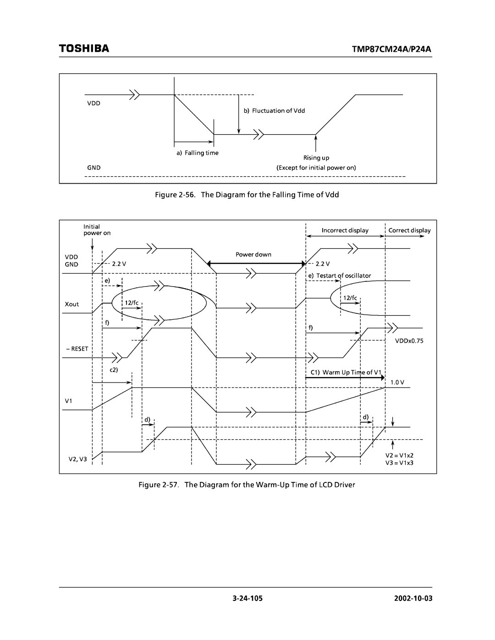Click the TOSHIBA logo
(x=84, y=49)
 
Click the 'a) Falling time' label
(x=198, y=153)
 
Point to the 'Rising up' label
(x=316, y=158)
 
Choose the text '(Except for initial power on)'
(x=316, y=168)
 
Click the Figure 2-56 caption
(x=247, y=195)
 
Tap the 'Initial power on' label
(x=97, y=230)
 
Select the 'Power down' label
(x=253, y=254)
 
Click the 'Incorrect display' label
(x=345, y=230)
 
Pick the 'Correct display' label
(x=409, y=230)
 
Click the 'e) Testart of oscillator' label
(x=340, y=275)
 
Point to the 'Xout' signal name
(x=72, y=304)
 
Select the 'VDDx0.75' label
(x=410, y=341)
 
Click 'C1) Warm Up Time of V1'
(x=346, y=372)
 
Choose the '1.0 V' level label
(x=397, y=382)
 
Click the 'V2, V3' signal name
(x=77, y=459)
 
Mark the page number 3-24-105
(x=247, y=599)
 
